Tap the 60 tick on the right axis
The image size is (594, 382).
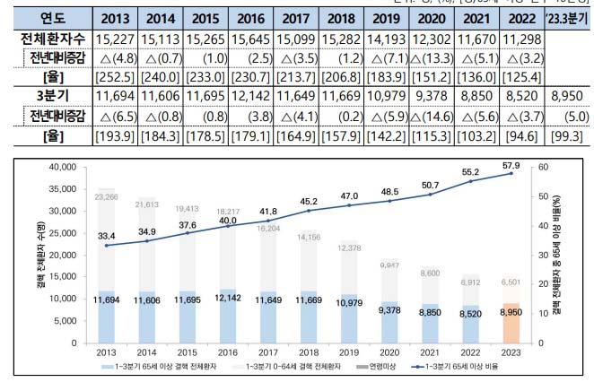pyautogui.click(x=544, y=167)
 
